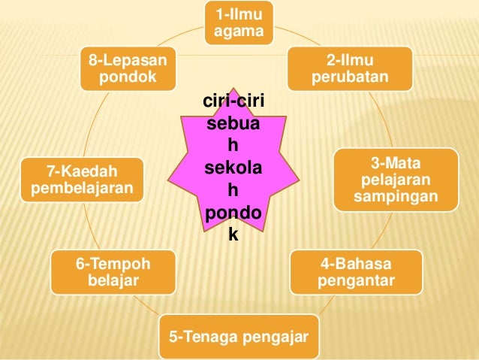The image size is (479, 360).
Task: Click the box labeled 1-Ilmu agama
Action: click(239, 23)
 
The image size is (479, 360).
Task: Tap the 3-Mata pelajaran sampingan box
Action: click(395, 181)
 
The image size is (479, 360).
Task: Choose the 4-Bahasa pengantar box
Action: click(356, 273)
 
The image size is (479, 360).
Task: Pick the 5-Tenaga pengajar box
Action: click(239, 337)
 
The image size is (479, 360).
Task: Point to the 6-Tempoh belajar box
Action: click(113, 273)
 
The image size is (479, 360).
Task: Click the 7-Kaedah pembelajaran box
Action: click(83, 179)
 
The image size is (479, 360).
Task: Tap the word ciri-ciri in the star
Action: click(233, 103)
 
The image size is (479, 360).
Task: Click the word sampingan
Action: click(396, 198)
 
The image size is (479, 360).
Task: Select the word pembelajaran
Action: click(83, 187)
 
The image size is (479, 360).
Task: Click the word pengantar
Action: click(356, 281)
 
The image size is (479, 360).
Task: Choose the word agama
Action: click(239, 31)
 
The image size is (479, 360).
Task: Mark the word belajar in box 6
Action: click(113, 281)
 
